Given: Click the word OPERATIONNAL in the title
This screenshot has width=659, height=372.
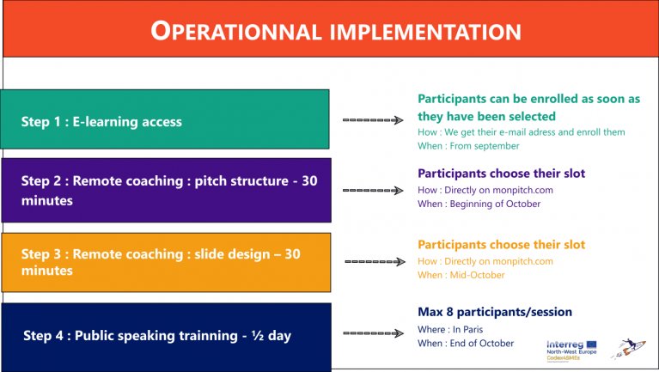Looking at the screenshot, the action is [x=236, y=32].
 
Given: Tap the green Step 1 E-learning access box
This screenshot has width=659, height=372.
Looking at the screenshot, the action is [x=165, y=119].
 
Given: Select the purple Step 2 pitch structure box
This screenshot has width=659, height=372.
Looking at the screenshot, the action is [x=167, y=191].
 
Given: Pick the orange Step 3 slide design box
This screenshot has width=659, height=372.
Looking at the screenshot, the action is [x=167, y=262].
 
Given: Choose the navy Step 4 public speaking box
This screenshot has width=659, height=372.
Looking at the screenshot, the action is [x=167, y=337].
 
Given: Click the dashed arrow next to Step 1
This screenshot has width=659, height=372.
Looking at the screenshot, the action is [x=373, y=120].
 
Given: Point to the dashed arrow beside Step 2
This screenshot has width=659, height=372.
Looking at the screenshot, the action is [x=373, y=191].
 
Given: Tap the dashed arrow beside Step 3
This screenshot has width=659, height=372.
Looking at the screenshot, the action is [x=375, y=261].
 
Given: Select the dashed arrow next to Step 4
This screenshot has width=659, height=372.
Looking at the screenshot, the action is [x=373, y=333].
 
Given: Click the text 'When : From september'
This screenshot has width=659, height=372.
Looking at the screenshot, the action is [x=468, y=146].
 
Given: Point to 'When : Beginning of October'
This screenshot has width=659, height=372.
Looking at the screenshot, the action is [x=479, y=204].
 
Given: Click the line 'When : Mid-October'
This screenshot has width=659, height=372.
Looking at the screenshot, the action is [x=461, y=275].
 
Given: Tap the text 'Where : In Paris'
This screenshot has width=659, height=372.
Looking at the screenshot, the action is [x=450, y=329].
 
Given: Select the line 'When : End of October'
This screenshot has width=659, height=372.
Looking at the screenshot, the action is [x=466, y=343].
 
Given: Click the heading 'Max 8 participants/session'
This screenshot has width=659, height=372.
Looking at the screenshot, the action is [x=495, y=312].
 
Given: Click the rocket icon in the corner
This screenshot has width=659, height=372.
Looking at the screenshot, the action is [x=628, y=349].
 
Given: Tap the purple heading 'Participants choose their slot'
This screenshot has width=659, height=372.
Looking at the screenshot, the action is [x=502, y=174].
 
